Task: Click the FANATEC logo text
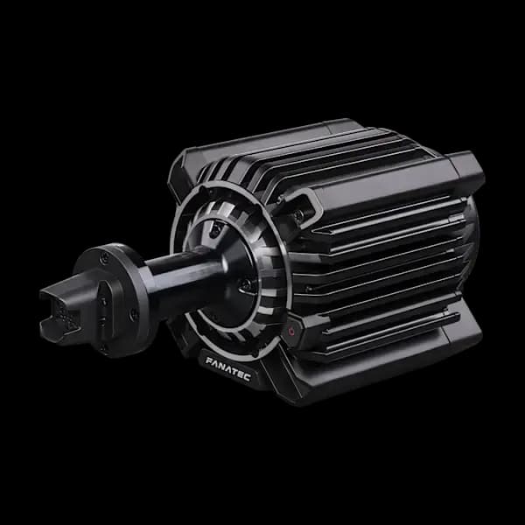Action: tap(228, 369)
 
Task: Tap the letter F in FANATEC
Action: tap(209, 361)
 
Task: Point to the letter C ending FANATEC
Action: tap(248, 377)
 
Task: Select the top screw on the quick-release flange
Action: tap(105, 257)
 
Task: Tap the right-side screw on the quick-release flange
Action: tap(134, 314)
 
